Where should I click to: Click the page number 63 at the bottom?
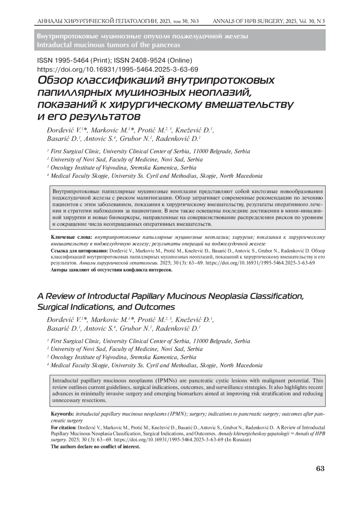coord(320,469)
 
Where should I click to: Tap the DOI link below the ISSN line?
coord(117,70)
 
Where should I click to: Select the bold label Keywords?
coord(63,414)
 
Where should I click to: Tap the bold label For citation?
coord(64,428)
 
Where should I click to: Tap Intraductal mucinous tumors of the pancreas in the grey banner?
coord(108,45)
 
